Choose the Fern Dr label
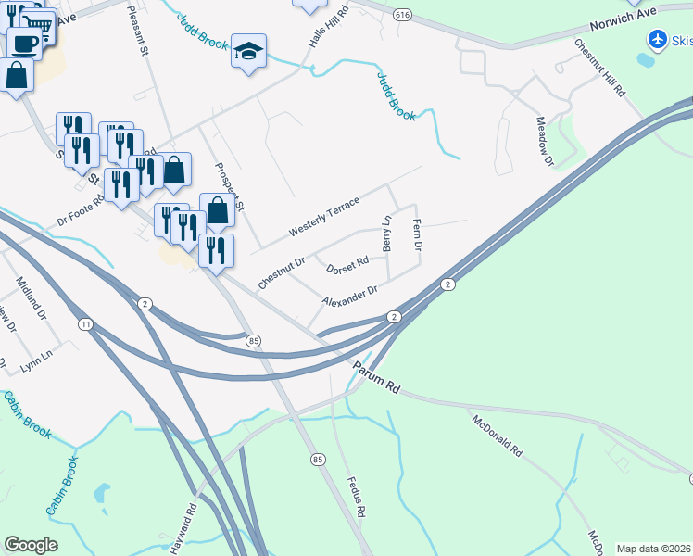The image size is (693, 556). click(416, 235)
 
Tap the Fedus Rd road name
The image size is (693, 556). click(355, 498)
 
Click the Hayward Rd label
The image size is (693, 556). click(191, 523)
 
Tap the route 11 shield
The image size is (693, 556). click(86, 324)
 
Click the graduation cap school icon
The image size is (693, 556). click(248, 51)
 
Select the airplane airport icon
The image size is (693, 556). click(657, 39)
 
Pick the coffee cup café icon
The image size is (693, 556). click(24, 43)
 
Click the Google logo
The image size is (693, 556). click(31, 545)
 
